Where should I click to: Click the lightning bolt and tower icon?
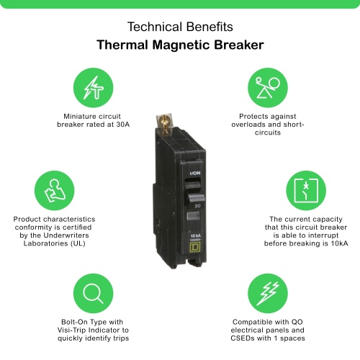coord(93,88)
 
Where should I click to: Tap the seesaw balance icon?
coord(268,88)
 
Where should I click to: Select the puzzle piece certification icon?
coord(55,191)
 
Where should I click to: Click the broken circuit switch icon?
coord(306,191)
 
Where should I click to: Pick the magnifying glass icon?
coord(93,293)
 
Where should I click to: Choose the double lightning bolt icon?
coord(268,293)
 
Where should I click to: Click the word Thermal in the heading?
coord(122,45)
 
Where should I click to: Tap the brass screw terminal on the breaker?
coord(164,125)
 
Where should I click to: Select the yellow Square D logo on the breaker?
coord(194,248)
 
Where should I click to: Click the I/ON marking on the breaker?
coord(195,174)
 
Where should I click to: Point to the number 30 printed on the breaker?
coord(197,206)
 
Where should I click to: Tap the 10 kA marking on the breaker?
coord(196,235)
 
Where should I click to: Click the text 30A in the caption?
coord(122,125)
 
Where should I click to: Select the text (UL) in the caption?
coord(78,243)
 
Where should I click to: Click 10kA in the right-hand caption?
coord(339,243)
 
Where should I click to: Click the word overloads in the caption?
coord(249,125)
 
